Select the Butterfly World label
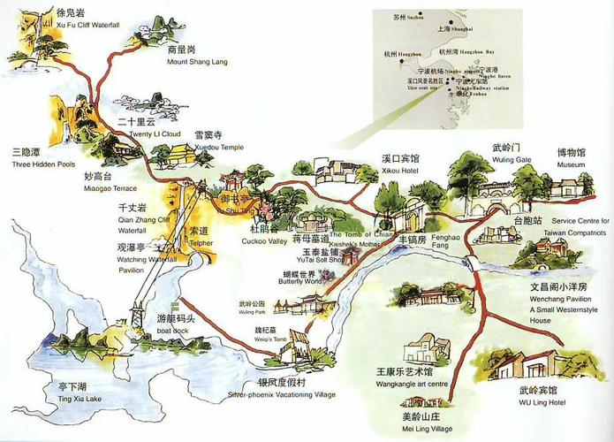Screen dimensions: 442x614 [x=296, y=284]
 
